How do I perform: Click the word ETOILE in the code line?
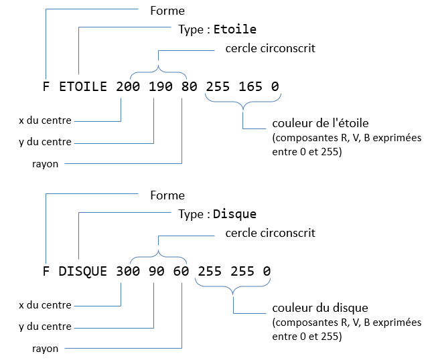(x=84, y=87)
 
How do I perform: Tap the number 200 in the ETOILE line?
(x=128, y=87)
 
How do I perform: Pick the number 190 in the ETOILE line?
(x=161, y=87)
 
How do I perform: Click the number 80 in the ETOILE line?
(x=190, y=87)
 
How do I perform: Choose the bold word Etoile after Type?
(x=235, y=30)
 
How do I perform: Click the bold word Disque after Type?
(x=235, y=214)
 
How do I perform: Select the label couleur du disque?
(x=320, y=308)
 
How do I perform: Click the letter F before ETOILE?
(x=46, y=87)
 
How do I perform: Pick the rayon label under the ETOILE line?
(x=45, y=163)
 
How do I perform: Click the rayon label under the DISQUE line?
(x=45, y=348)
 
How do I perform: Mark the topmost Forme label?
(x=168, y=11)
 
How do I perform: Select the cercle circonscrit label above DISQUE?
(x=271, y=233)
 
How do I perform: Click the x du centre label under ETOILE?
(x=45, y=121)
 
